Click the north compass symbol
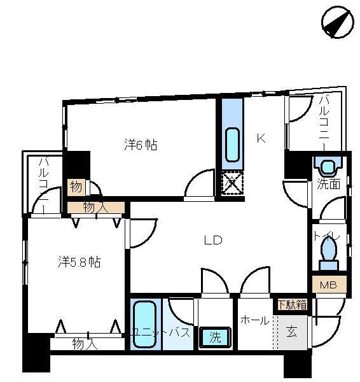pos(338,22)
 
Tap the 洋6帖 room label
pos(141,145)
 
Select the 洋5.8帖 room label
pos(80,262)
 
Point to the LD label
pos(213,241)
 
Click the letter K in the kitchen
pos(261,139)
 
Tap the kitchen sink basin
pos(232,145)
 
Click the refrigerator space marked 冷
pos(232,183)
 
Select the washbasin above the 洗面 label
pos(328,167)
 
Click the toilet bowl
pos(328,253)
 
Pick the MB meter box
pos(329,285)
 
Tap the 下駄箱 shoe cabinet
pos(292,304)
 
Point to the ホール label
pos(255,320)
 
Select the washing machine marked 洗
pos(215,337)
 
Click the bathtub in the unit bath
pos(145,324)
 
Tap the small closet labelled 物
pos(76,187)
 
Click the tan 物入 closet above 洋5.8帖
pos(95,208)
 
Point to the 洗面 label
pos(328,185)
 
